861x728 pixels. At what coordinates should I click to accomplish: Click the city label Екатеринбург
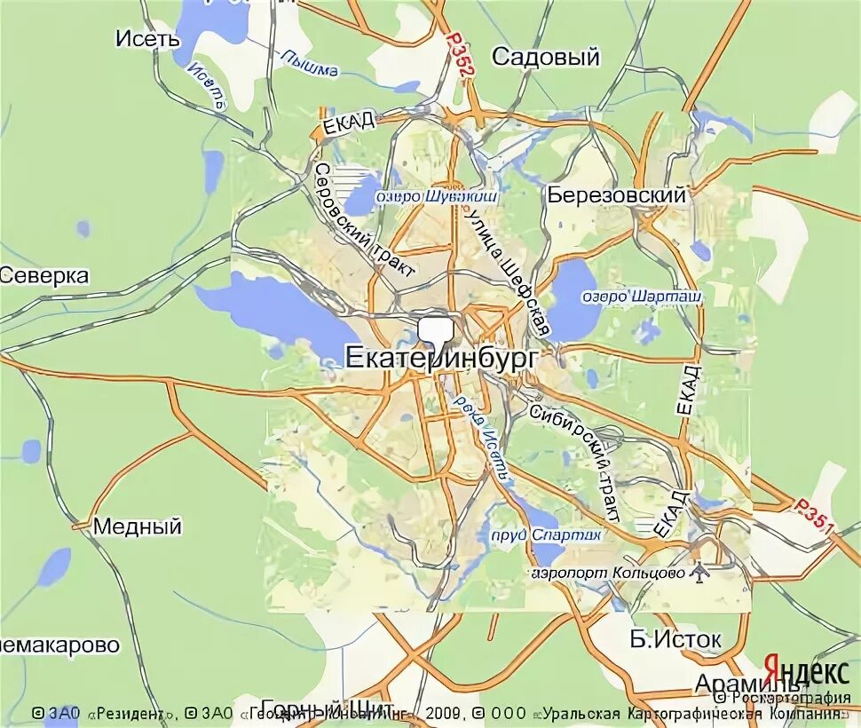click(440, 357)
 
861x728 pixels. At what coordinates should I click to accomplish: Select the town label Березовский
click(617, 195)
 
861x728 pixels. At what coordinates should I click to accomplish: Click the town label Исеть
click(148, 38)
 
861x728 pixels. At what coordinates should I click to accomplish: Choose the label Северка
click(44, 276)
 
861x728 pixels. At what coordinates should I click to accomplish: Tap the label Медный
click(138, 526)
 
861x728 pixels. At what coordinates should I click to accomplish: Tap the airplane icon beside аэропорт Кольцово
click(700, 573)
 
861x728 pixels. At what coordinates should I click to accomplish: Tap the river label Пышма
click(308, 62)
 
